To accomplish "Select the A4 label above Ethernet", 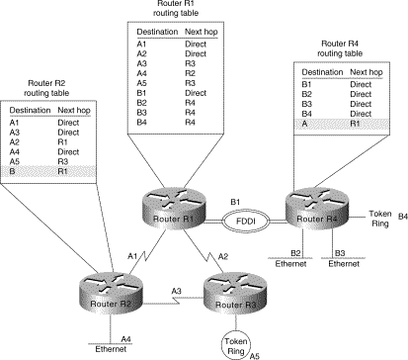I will (126, 339).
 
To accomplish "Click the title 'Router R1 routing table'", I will (181, 11).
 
